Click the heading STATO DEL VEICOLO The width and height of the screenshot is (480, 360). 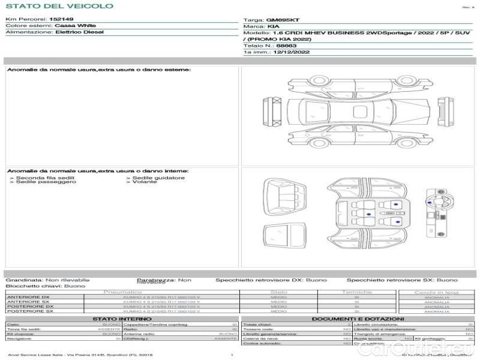tap(59, 6)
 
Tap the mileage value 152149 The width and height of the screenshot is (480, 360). tap(61, 20)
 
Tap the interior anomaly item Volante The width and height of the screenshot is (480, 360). tap(144, 182)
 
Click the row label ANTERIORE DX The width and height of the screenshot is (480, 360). tap(28, 297)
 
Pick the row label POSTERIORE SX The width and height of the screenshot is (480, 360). tap(29, 311)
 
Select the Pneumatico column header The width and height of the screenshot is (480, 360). tap(122, 292)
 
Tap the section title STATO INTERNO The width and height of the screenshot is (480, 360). tap(122, 319)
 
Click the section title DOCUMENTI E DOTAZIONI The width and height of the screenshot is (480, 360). tap(358, 319)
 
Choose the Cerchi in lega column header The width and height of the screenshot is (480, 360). tap(436, 292)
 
